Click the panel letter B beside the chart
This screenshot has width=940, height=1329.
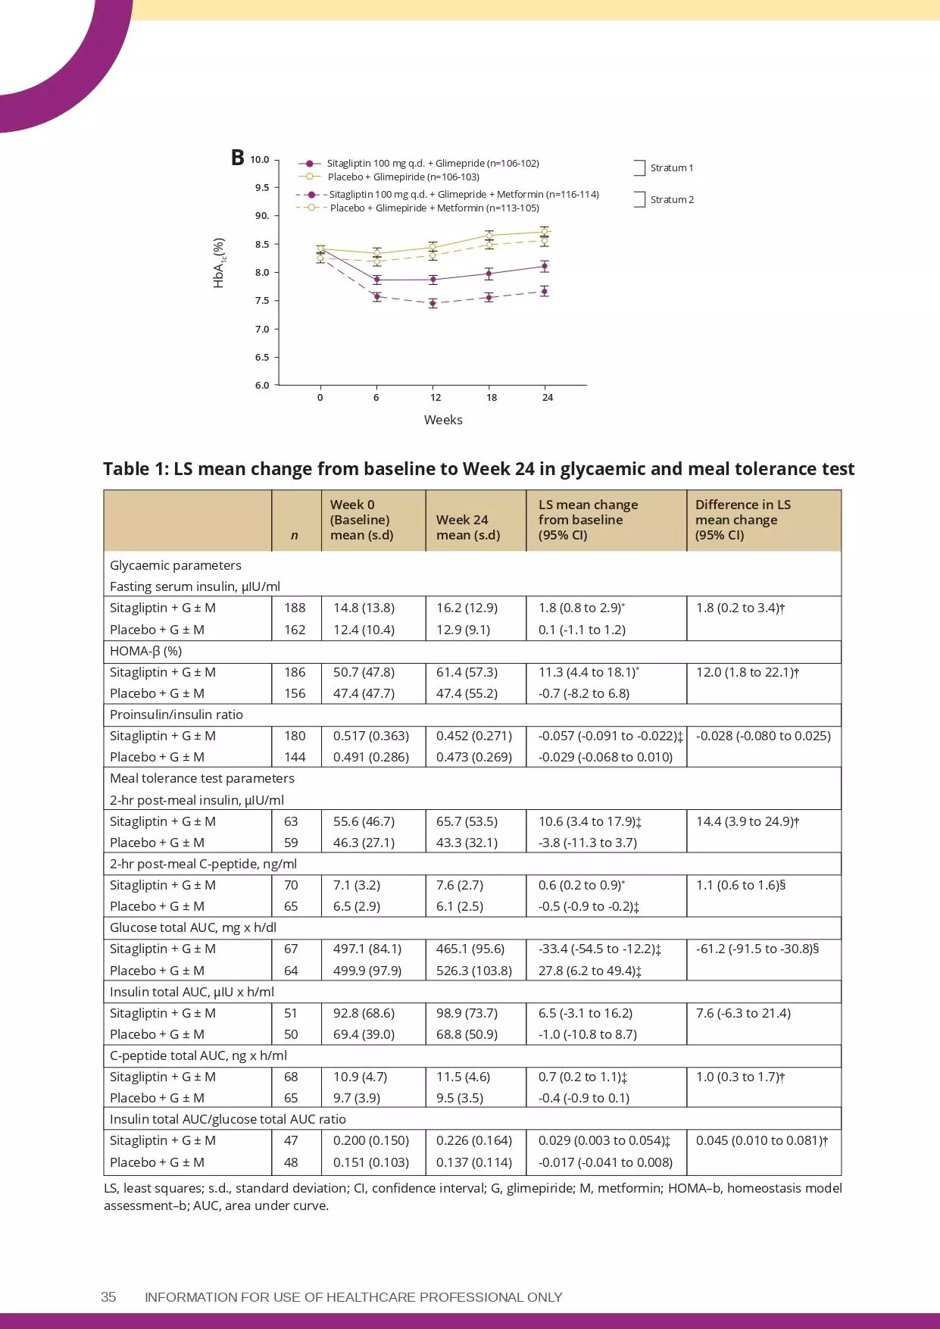pos(237,158)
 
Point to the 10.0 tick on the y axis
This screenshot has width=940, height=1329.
pos(260,160)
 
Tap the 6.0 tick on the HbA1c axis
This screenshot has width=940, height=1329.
pos(262,386)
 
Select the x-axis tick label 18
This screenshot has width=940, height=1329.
pos(492,398)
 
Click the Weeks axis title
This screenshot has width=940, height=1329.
pos(443,420)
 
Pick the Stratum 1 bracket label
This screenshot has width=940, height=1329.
pos(671,168)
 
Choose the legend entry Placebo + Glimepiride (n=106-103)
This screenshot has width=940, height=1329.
pos(403,177)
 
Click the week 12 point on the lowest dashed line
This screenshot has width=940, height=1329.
pos(433,303)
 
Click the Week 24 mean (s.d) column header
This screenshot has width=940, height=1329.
pos(468,527)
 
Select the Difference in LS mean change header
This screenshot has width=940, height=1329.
pos(742,520)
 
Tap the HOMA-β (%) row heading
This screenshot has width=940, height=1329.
pos(145,651)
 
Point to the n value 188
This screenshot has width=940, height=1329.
pos(295,608)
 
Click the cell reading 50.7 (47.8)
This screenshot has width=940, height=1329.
pos(364,672)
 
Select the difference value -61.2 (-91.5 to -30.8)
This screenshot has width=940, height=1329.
pos(757,949)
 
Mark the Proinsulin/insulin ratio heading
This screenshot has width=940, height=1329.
pos(176,715)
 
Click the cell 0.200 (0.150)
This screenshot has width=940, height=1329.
pos(370,1140)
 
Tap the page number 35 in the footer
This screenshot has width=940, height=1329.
pos(108,1297)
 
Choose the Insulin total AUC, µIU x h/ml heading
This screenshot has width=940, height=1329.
pos(192,992)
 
